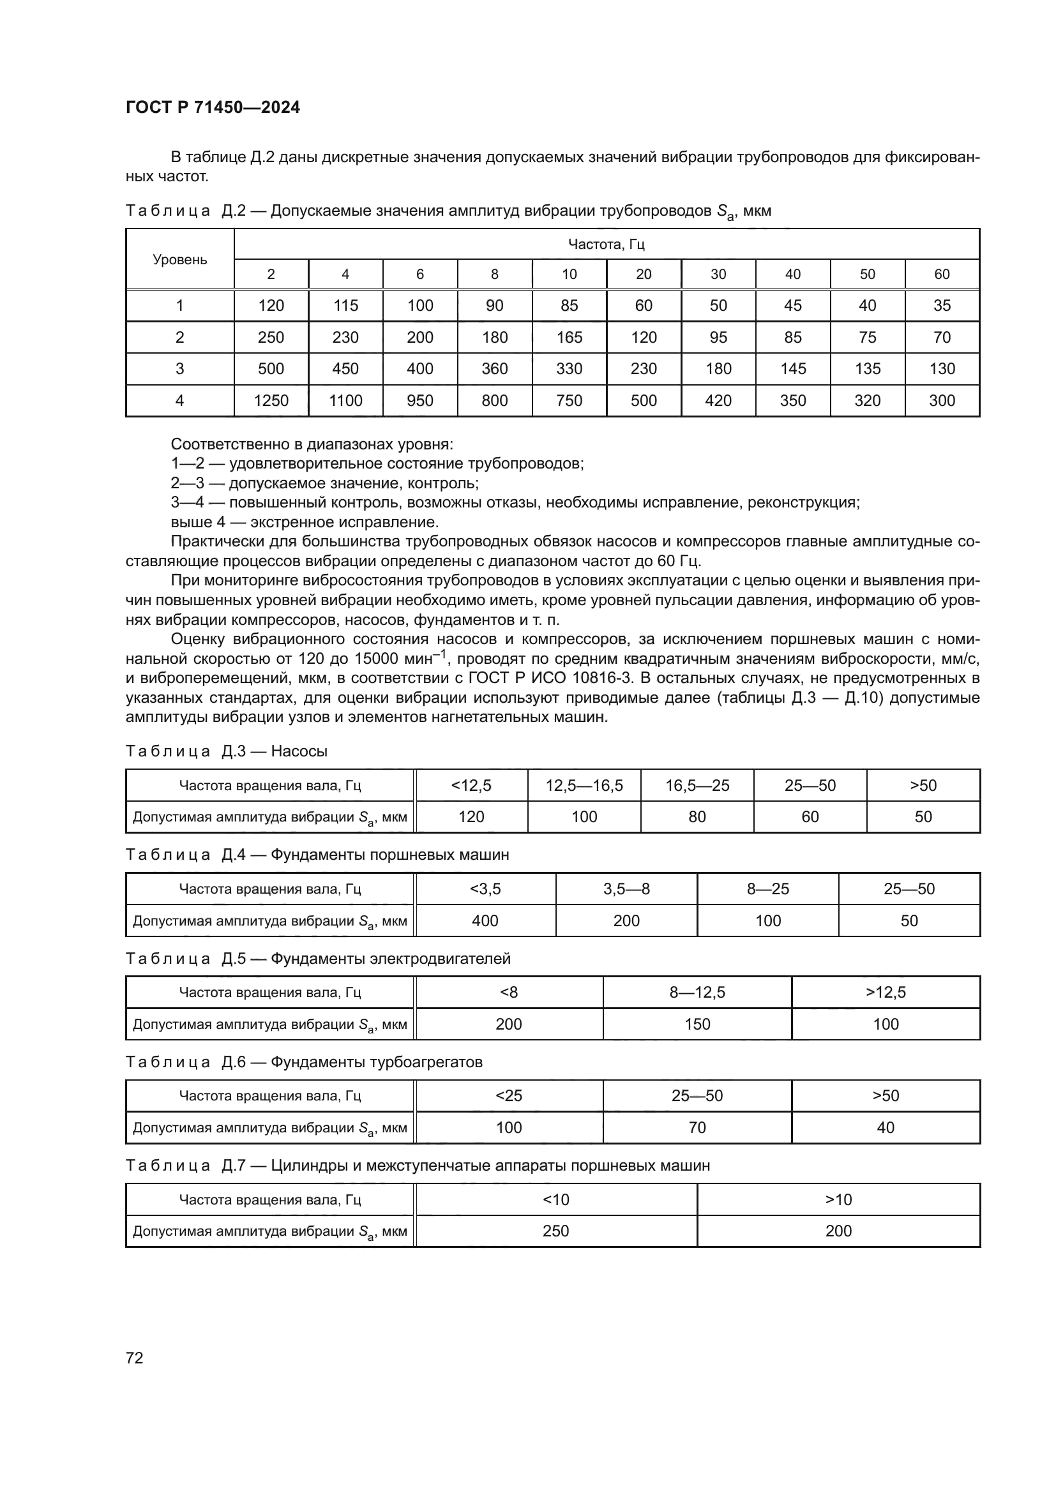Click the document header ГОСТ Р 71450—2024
pyautogui.click(x=213, y=107)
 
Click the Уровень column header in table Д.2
pyautogui.click(x=179, y=259)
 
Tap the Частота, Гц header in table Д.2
pyautogui.click(x=606, y=244)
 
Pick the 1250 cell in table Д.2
pyautogui.click(x=271, y=401)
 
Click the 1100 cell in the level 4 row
pyautogui.click(x=345, y=401)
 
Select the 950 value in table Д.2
pyautogui.click(x=420, y=401)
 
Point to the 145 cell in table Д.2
pyautogui.click(x=793, y=369)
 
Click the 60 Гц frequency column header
pyautogui.click(x=942, y=274)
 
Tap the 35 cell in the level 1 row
pyautogui.click(x=942, y=306)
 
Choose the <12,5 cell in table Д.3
pyautogui.click(x=471, y=786)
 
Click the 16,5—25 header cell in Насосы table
pyautogui.click(x=697, y=786)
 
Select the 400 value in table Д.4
pyautogui.click(x=485, y=921)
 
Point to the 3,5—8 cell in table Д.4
pyautogui.click(x=626, y=889)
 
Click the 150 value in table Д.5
pyautogui.click(x=697, y=1024)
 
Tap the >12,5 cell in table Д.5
pyautogui.click(x=886, y=993)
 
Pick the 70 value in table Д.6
pyautogui.click(x=697, y=1127)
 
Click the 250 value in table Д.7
pyautogui.click(x=556, y=1231)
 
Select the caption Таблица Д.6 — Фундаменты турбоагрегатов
pyautogui.click(x=304, y=1062)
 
